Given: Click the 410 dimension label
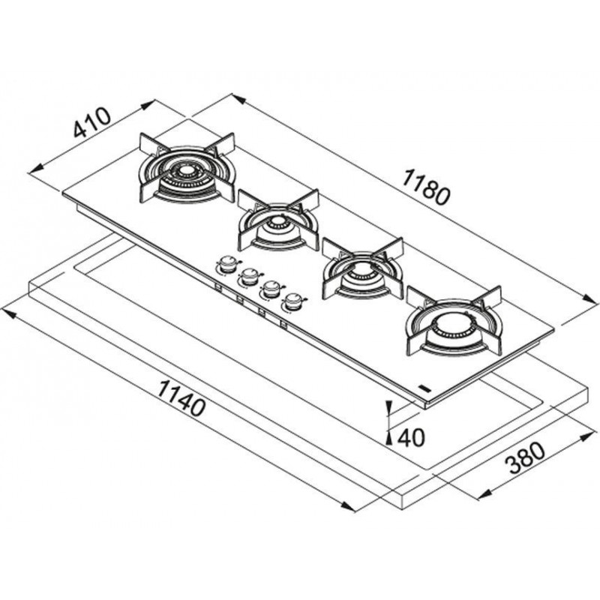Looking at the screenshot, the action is click(92, 123).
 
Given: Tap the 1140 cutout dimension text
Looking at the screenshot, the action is click(181, 398).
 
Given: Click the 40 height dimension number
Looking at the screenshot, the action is click(411, 437).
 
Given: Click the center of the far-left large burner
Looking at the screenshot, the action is click(187, 171).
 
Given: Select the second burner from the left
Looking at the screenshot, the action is click(278, 221).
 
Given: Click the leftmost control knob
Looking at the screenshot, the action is click(228, 264).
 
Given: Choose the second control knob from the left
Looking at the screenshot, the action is click(250, 276).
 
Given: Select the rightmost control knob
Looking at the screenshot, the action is click(293, 301).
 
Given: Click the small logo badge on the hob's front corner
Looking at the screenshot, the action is click(425, 388).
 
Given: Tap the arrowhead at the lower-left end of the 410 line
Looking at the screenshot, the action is click(36, 169).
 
